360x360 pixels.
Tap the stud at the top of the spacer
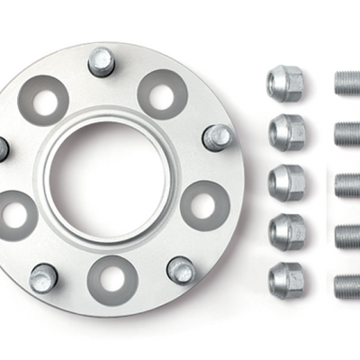pyautogui.click(x=101, y=60)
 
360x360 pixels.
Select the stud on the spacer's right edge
pyautogui.click(x=217, y=138)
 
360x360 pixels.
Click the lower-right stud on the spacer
pyautogui.click(x=181, y=269)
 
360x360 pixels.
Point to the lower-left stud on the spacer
pyautogui.click(x=42, y=277)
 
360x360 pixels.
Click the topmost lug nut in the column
pyautogui.click(x=285, y=84)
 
